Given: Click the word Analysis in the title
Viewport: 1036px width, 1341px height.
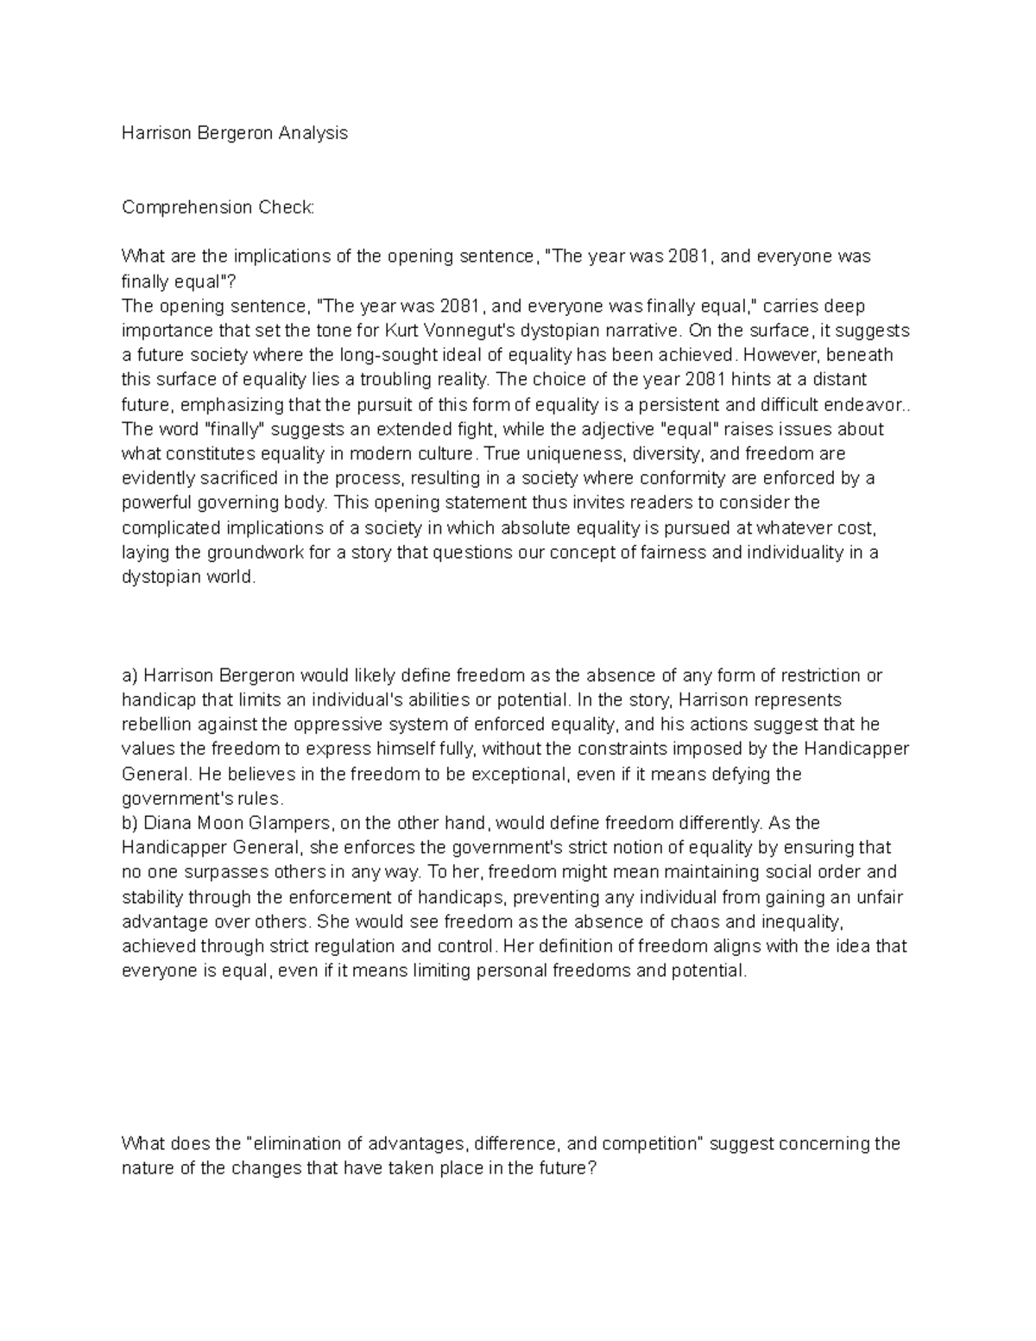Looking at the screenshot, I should [312, 133].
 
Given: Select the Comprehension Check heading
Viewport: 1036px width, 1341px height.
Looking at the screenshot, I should [218, 207].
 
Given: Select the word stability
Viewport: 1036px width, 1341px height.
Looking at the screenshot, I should [152, 897].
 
